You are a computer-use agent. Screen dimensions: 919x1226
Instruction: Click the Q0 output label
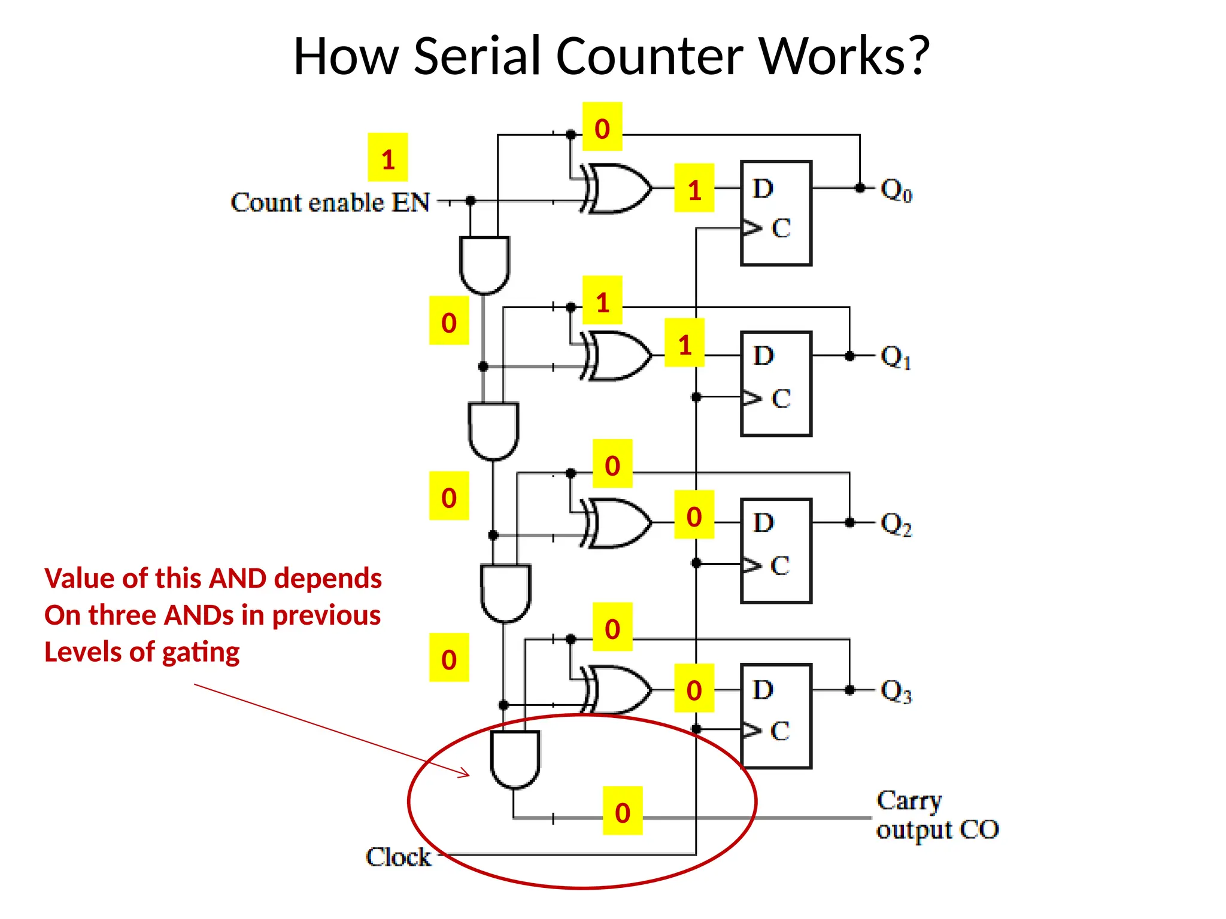point(896,191)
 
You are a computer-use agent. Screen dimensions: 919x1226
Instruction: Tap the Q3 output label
point(896,692)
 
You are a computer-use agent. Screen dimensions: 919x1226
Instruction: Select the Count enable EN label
point(330,203)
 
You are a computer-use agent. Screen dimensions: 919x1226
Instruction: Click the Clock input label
point(398,857)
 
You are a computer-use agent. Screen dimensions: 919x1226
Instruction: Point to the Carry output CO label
point(937,815)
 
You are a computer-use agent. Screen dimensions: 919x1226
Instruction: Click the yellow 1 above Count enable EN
point(388,158)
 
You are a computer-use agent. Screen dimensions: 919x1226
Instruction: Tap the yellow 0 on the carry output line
point(623,811)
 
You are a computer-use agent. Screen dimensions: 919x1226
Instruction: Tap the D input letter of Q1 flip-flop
point(763,356)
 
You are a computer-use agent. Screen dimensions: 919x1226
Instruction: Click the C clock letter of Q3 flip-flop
point(779,731)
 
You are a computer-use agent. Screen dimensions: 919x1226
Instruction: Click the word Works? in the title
point(844,56)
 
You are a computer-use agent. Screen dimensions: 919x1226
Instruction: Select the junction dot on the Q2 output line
point(849,522)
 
